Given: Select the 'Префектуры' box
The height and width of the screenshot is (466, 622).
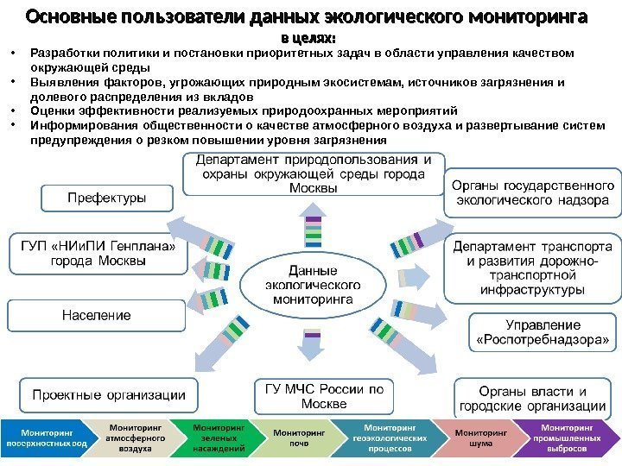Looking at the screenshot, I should (x=106, y=198).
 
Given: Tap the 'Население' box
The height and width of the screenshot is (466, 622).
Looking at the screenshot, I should (x=96, y=315).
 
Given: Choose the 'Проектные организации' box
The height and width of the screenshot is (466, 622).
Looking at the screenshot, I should (x=109, y=394).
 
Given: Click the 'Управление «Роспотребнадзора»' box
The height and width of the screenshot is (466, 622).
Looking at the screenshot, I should (x=543, y=334).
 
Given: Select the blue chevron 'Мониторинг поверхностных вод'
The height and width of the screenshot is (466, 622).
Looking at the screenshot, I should (x=48, y=437).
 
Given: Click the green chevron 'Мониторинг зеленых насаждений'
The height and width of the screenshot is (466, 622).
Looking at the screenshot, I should (x=218, y=437).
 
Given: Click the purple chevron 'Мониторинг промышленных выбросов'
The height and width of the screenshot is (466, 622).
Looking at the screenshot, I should (x=567, y=437).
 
